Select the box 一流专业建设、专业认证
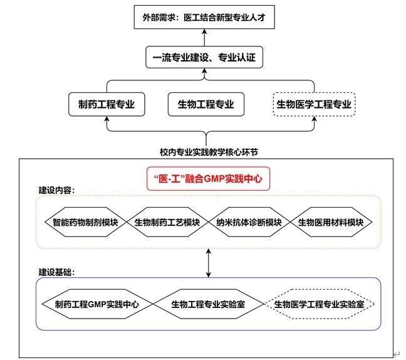[x=204, y=59]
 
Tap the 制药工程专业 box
[x=107, y=104]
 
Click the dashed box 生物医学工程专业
[x=315, y=104]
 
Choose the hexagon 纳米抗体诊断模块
[x=249, y=222]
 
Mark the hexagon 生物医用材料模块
[x=331, y=222]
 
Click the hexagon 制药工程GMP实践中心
[x=96, y=304]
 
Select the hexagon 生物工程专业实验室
[x=208, y=304]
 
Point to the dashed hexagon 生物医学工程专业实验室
[x=324, y=304]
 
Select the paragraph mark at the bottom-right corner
[x=396, y=354]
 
